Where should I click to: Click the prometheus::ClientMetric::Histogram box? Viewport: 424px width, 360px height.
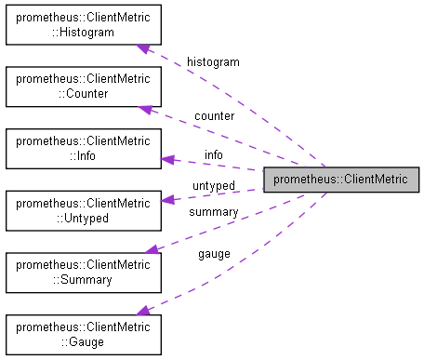click(83, 25)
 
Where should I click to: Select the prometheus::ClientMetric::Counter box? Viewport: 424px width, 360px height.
click(83, 87)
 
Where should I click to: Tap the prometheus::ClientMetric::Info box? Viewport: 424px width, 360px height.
click(83, 148)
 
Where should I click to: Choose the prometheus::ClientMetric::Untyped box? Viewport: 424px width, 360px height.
click(83, 209)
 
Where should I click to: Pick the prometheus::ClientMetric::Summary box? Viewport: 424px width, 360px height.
click(83, 271)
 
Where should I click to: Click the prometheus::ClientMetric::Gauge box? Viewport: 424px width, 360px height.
click(83, 333)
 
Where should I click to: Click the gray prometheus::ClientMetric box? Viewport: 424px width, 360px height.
click(341, 179)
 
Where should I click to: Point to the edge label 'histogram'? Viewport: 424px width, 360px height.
click(213, 61)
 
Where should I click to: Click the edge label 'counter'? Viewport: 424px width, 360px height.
click(214, 116)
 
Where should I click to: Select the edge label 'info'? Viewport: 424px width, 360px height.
click(214, 154)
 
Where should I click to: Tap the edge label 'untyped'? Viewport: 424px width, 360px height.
click(213, 186)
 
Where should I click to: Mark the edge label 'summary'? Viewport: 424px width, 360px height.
click(213, 212)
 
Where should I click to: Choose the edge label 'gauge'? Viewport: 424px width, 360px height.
click(214, 253)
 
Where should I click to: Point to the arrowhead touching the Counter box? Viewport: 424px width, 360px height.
click(146, 109)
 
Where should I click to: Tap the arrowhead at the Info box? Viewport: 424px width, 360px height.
click(167, 159)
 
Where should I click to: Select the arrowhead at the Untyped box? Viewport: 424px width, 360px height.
click(167, 198)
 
